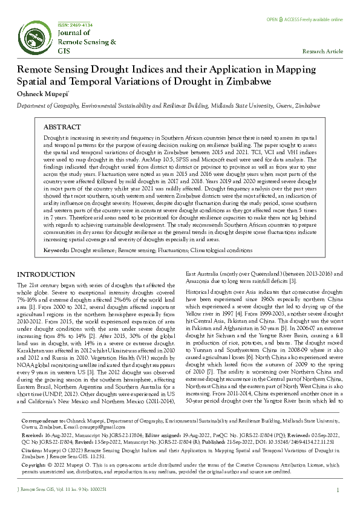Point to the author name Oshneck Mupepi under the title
click(x=42, y=94)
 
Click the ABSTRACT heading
click(x=62, y=128)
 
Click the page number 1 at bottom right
click(x=336, y=490)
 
